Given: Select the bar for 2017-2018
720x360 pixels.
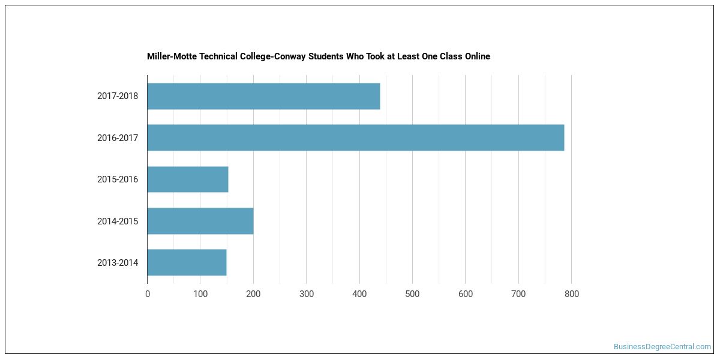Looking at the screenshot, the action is coord(263,96).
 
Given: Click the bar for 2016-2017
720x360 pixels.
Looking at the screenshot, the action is coord(356,137).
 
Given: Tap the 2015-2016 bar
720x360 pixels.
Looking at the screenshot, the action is coord(188,179).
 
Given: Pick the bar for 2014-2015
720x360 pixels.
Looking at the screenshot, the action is coord(200,221).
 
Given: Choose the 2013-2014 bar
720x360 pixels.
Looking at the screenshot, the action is coord(187,263).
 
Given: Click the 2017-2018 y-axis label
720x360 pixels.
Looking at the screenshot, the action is coord(118,96).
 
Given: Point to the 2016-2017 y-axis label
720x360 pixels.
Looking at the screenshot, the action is coord(118,138).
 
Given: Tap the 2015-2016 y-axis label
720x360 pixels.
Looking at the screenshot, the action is coord(118,179).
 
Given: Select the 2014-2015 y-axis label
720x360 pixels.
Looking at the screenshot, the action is coord(118,221).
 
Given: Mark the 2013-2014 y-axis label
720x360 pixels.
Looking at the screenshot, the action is coord(118,263).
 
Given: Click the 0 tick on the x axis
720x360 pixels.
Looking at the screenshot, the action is coord(148,294).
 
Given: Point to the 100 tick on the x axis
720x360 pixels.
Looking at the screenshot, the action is coord(200,294).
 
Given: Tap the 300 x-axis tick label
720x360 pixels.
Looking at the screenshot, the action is coord(307,294).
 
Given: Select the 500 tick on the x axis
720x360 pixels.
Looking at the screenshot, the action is coord(412,294).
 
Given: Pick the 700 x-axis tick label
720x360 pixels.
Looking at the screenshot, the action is coord(518,294).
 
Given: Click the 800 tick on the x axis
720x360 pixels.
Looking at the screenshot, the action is coord(571,294).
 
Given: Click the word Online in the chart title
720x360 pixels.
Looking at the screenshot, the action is coord(478,56).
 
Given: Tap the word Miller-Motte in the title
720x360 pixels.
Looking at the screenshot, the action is coord(172,56).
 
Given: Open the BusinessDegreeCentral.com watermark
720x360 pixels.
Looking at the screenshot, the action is coord(662,347).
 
